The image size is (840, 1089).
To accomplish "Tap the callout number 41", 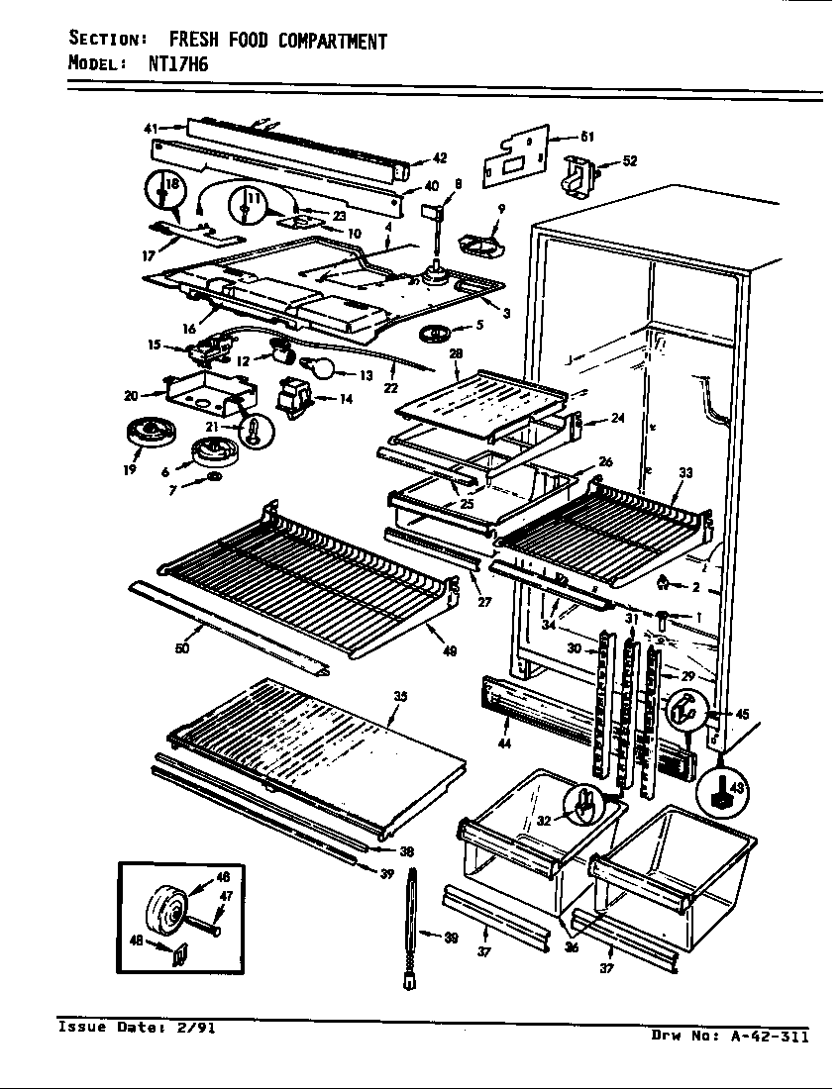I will click(151, 128).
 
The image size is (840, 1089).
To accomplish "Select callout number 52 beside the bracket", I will click(630, 161).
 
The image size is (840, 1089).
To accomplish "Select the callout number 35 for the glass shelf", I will click(400, 696).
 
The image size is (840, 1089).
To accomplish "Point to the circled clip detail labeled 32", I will click(583, 804).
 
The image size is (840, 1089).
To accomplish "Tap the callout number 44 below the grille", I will click(505, 742).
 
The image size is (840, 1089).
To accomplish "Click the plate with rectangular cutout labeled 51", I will click(515, 155).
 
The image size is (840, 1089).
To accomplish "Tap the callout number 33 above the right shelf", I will click(685, 473).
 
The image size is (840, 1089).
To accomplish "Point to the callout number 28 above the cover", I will click(456, 354).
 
